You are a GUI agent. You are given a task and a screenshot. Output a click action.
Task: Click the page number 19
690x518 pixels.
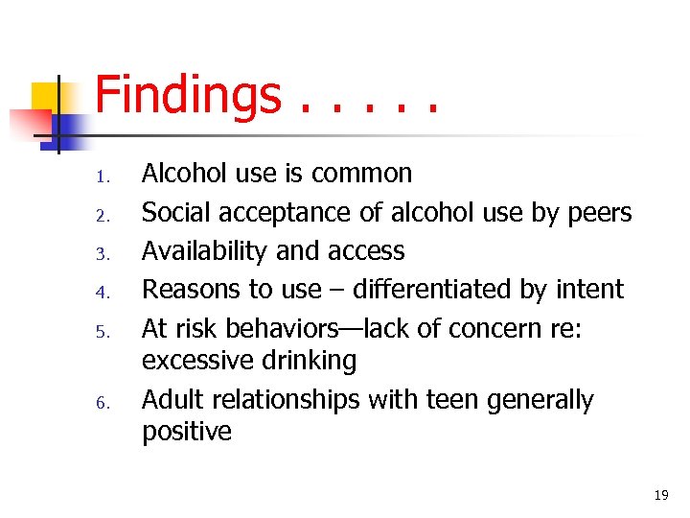click(660, 495)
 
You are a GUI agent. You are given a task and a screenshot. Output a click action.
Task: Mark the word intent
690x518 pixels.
click(591, 289)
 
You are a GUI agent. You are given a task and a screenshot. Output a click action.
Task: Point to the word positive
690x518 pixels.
click(187, 432)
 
